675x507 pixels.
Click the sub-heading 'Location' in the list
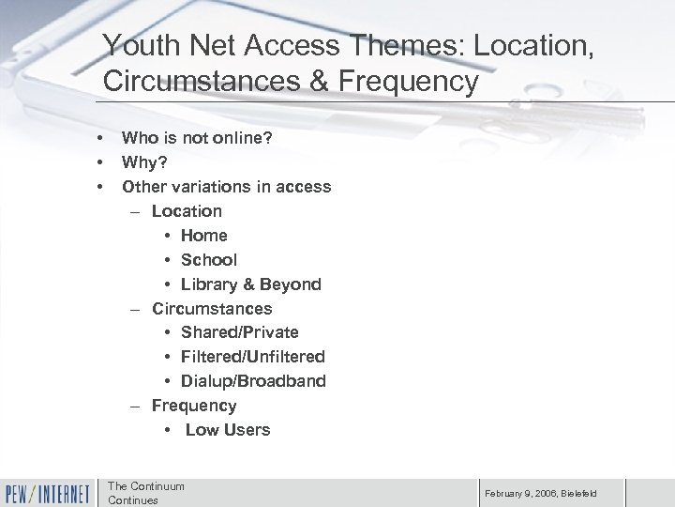[x=187, y=210]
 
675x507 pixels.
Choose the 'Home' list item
[x=204, y=235]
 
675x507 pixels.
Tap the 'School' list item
[x=209, y=259]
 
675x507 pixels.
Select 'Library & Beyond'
[x=251, y=284]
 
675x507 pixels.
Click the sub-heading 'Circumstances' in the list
[x=212, y=308]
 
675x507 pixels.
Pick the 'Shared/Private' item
[x=240, y=332]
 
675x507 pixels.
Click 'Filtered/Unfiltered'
[x=253, y=357]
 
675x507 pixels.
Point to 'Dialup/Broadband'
[x=253, y=381]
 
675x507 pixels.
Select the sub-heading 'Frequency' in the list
[x=194, y=406]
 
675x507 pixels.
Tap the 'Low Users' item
[x=228, y=430]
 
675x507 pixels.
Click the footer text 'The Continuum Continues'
[x=146, y=493]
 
